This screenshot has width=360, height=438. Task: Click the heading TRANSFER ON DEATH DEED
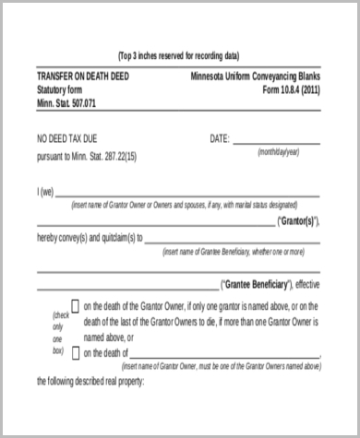(x=81, y=77)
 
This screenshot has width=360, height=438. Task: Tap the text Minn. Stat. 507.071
(x=66, y=103)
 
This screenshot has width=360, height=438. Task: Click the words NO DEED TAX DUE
(x=72, y=138)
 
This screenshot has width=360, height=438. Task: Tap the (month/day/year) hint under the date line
(x=278, y=151)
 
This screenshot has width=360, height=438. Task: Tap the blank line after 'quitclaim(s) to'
(x=232, y=240)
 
